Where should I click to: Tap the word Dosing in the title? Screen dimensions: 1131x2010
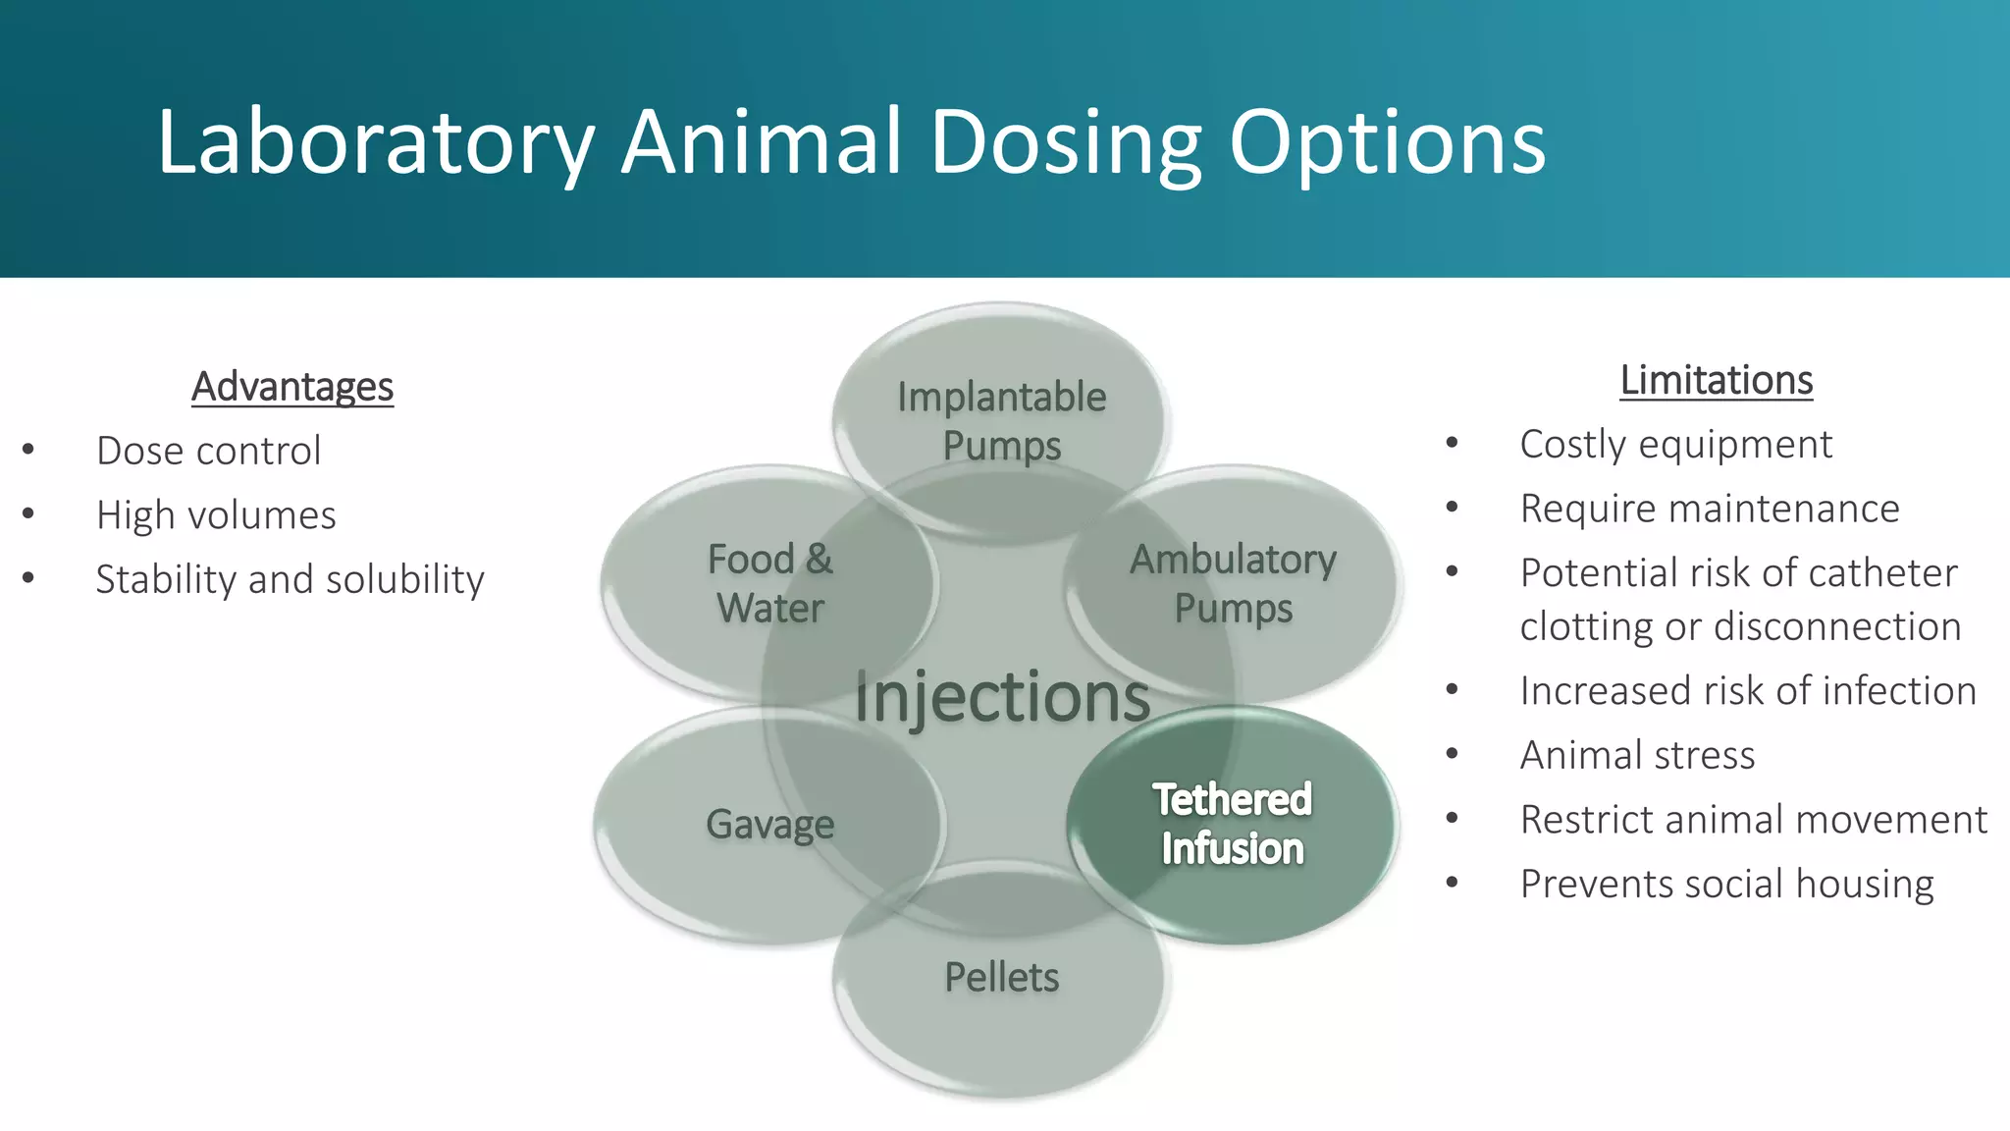(1066, 144)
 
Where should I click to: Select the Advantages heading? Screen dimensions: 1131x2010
(292, 387)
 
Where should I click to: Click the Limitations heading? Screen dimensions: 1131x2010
(1716, 381)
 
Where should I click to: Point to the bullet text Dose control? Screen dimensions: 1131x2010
(208, 452)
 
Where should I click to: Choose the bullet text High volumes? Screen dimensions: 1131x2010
(216, 515)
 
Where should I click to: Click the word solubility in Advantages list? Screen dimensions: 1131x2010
(404, 580)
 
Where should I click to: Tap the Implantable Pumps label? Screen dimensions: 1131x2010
(1001, 421)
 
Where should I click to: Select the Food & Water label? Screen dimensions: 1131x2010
(770, 583)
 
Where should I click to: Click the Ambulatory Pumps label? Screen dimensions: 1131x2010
(1233, 583)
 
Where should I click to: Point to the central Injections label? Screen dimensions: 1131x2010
(1001, 697)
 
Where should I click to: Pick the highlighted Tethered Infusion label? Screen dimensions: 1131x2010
(1232, 824)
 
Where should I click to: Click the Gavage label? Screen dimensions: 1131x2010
(769, 825)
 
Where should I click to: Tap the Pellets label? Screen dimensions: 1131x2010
(1001, 978)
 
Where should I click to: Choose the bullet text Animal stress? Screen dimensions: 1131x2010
(1637, 756)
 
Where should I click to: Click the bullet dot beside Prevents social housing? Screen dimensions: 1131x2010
(1452, 884)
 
